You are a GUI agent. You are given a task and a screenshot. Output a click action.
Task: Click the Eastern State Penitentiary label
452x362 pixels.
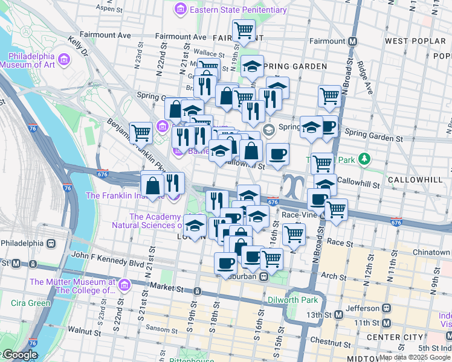pyautogui.click(x=238, y=10)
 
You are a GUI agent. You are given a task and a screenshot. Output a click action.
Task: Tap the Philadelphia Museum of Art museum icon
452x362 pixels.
pyautogui.click(x=64, y=60)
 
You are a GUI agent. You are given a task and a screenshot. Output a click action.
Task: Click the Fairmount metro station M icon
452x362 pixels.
pyautogui.click(x=353, y=41)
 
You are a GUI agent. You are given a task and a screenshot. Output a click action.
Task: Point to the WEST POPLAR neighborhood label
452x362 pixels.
pyautogui.click(x=414, y=41)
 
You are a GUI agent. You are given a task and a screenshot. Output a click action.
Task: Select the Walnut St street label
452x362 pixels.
pyautogui.click(x=83, y=330)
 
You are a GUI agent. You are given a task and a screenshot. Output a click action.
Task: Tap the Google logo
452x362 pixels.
pyautogui.click(x=19, y=355)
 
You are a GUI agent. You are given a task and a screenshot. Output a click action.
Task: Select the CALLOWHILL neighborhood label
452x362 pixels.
pyautogui.click(x=415, y=180)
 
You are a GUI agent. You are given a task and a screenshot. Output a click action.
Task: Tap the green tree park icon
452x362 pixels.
pyautogui.click(x=364, y=159)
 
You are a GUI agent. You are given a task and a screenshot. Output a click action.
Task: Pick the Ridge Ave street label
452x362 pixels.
pyautogui.click(x=366, y=77)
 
